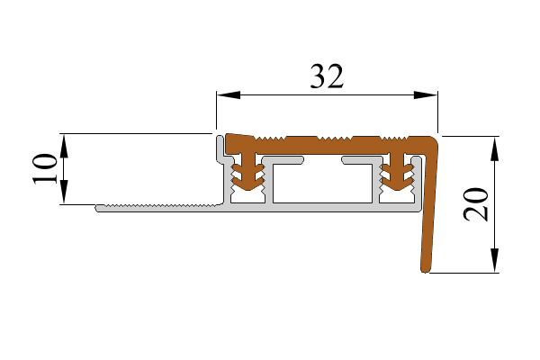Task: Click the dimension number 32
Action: point(327,76)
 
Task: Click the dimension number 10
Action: point(45,169)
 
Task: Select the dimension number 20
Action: point(476,204)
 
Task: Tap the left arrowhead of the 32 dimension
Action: point(229,94)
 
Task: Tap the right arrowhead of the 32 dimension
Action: point(426,94)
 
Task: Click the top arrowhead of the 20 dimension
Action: point(494,148)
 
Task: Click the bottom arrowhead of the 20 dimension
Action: point(494,261)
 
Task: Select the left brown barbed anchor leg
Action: point(248,172)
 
